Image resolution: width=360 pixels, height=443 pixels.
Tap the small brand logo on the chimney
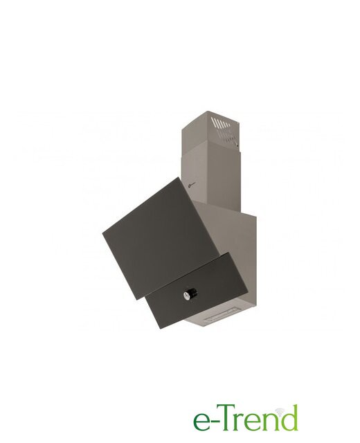pos(191,186)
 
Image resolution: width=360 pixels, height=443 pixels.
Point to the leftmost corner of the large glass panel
pos(102,233)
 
